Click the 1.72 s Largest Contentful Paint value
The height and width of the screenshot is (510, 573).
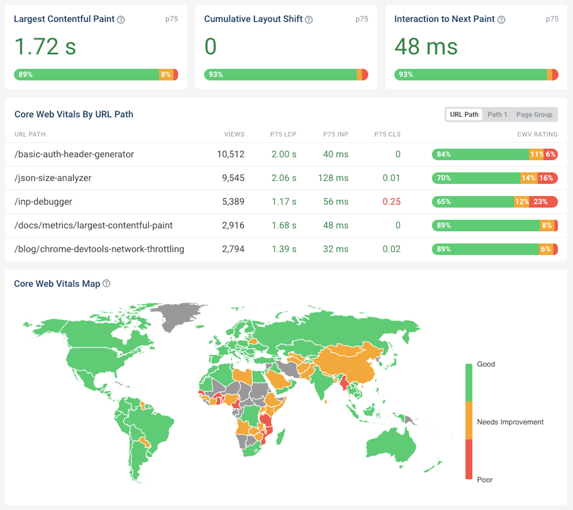(45, 46)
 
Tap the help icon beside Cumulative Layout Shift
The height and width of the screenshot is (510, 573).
(309, 20)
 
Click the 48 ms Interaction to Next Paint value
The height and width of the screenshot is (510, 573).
(426, 46)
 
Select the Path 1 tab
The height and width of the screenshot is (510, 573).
(497, 114)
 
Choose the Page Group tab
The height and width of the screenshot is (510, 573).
(534, 114)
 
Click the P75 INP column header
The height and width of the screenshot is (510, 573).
(336, 134)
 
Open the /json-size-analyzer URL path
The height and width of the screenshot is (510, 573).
(53, 178)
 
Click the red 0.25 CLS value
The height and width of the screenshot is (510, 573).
(391, 202)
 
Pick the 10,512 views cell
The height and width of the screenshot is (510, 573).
(230, 154)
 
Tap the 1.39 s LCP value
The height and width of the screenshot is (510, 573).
(284, 249)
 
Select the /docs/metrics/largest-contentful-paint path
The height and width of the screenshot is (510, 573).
(93, 225)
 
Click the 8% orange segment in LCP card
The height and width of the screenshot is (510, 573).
(166, 75)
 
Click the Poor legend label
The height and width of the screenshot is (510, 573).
(484, 480)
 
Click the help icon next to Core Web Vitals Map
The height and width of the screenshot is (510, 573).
(106, 284)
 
